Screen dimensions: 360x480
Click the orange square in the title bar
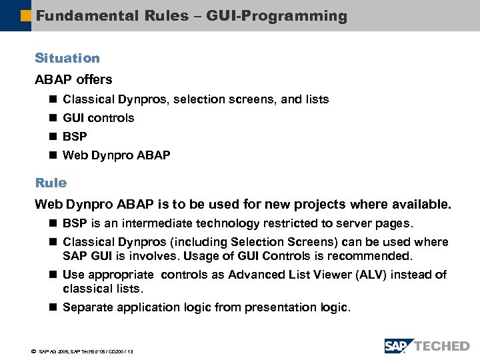click(27, 15)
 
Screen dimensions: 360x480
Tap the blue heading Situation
click(67, 59)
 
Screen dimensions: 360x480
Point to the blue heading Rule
click(51, 183)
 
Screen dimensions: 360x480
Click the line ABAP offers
click(73, 79)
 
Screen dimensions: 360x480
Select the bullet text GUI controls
click(98, 118)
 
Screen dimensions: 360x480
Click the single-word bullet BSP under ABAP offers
click(74, 137)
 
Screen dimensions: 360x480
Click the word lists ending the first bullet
click(316, 99)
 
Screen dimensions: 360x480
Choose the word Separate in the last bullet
click(88, 307)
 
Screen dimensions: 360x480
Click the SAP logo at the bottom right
click(398, 346)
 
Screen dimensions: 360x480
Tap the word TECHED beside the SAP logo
click(442, 346)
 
